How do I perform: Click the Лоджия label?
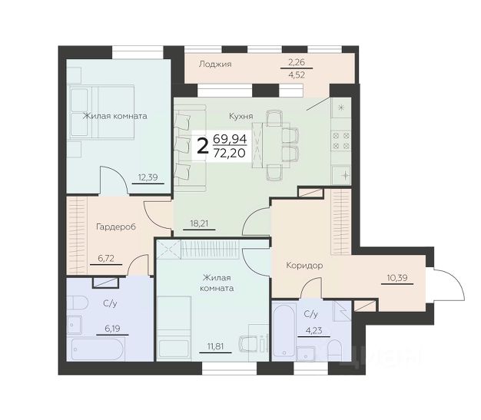tap(215, 64)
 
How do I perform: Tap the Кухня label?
tap(240, 116)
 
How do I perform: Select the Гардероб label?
tap(116, 227)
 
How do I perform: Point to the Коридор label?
tap(304, 266)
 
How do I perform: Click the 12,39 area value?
tap(148, 177)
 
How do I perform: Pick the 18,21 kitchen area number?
tap(199, 223)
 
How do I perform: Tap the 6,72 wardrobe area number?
tap(106, 259)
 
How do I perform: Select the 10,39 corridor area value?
tap(397, 278)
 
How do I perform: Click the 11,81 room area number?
tap(215, 346)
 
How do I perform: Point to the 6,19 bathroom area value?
tap(112, 329)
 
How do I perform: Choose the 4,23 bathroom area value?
tap(313, 331)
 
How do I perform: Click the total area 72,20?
tap(230, 153)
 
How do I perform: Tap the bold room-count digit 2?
tap(202, 147)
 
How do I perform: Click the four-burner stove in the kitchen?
tap(341, 141)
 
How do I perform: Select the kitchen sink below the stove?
tap(341, 175)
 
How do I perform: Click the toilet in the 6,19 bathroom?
tap(77, 303)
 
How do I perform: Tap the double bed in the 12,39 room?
tap(101, 112)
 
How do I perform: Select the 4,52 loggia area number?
tap(297, 74)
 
